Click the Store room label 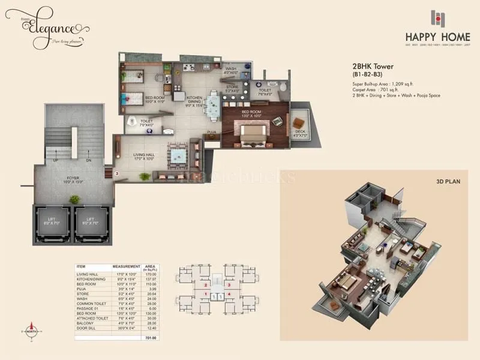point(232,89)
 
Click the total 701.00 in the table point(150,338)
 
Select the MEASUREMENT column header point(126,266)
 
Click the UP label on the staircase point(56,161)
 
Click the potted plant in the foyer point(74,199)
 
